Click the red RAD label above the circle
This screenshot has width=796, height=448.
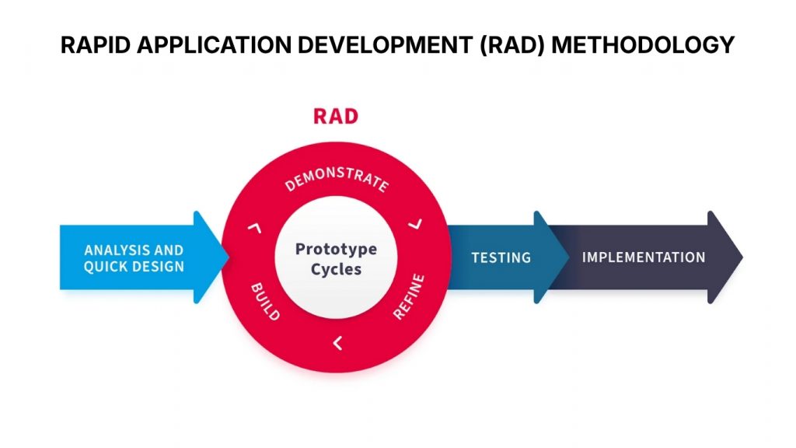[336, 117]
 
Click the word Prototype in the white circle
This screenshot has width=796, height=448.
[336, 250]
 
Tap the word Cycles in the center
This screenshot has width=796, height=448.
[336, 270]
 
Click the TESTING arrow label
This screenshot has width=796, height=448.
[501, 257]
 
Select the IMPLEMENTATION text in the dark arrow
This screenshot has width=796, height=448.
[644, 257]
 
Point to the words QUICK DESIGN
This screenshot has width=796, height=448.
[134, 267]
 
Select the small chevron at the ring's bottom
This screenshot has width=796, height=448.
[337, 342]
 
